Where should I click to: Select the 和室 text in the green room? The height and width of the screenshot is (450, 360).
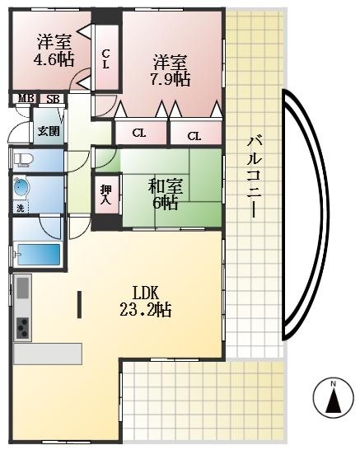165,185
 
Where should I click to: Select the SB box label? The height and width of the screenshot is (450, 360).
52,99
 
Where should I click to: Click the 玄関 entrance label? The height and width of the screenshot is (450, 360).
48,130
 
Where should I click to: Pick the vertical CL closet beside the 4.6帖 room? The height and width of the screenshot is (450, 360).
106,59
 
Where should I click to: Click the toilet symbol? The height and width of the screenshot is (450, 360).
22,159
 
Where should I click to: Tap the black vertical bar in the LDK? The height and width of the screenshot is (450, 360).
79,304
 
